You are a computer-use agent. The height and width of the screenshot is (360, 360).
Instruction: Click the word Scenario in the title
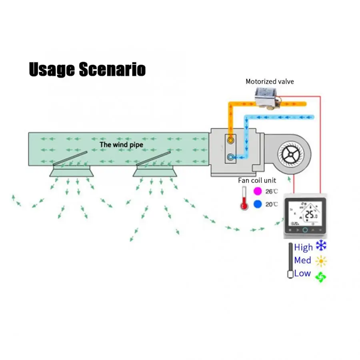point(112,69)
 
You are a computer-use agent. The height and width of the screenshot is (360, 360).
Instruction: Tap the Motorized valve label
point(270,82)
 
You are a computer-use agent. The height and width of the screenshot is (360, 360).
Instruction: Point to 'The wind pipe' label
point(121,144)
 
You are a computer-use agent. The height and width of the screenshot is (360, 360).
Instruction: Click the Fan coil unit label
point(257,180)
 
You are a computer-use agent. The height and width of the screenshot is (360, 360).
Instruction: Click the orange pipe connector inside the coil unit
point(231,141)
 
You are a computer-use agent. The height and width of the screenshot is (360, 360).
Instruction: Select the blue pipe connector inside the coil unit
point(231,157)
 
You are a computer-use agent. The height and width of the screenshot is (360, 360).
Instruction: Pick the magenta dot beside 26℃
point(258,191)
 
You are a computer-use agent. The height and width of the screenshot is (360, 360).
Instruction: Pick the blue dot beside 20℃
point(258,204)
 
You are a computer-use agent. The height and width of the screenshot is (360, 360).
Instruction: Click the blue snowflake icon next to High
point(321,246)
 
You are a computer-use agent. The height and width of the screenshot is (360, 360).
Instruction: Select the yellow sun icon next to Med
point(321,261)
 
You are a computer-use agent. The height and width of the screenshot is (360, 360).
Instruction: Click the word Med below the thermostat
point(302,260)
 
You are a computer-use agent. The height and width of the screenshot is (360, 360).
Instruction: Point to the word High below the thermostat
point(303,247)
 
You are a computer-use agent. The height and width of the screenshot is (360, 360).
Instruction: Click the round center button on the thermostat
point(305,230)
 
